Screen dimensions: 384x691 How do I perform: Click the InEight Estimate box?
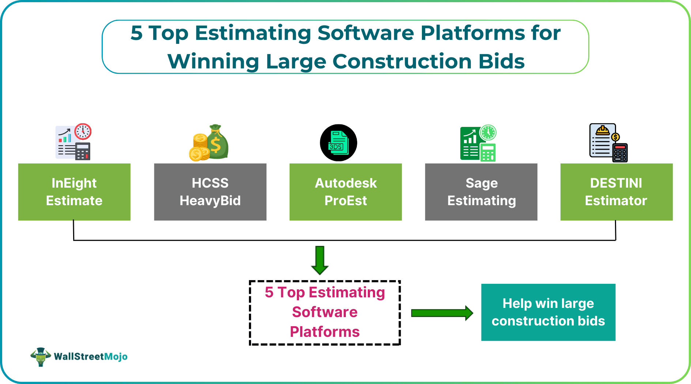click(74, 192)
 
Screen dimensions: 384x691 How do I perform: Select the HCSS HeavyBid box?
click(210, 192)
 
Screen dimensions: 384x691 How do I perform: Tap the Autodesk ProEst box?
click(345, 192)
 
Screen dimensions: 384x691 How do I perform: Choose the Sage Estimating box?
click(481, 192)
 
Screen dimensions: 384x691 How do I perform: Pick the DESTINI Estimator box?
click(616, 192)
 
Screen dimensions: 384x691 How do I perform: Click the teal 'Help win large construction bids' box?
click(548, 312)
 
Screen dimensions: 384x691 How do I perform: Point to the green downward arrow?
click(320, 260)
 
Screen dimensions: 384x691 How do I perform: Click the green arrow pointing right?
click(442, 313)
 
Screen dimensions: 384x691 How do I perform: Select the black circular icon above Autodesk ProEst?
click(339, 143)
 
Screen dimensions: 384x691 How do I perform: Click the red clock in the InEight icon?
click(83, 132)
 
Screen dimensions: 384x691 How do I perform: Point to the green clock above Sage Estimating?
click(488, 132)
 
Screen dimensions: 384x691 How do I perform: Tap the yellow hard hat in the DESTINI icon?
click(603, 130)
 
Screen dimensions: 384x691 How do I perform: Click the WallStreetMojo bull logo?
click(41, 357)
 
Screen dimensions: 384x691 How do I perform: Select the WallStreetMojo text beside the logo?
click(91, 357)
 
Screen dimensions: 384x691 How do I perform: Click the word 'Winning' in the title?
click(213, 61)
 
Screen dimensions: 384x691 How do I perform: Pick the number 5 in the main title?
click(136, 33)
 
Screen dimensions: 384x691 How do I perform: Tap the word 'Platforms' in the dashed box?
click(325, 332)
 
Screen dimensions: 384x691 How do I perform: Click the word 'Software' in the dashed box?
click(325, 312)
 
